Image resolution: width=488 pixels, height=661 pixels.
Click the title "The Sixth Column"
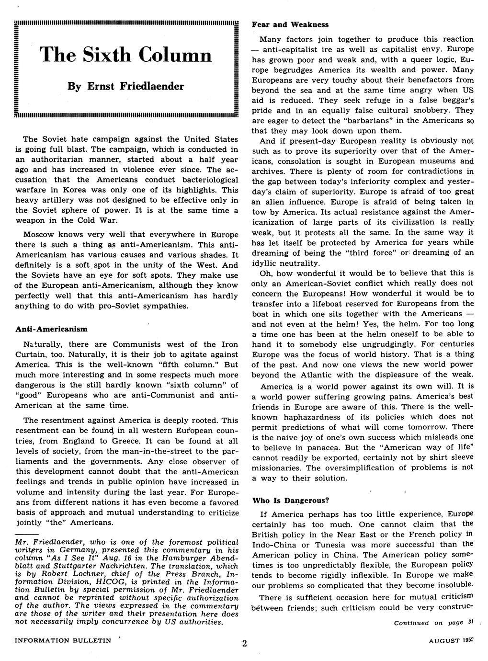(126, 55)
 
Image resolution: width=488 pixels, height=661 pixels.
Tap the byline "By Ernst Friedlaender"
(126, 86)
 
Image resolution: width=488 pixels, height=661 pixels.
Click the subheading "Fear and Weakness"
(290, 24)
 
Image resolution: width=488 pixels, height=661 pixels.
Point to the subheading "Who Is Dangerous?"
(291, 501)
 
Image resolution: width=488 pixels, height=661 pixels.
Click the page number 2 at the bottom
(244, 644)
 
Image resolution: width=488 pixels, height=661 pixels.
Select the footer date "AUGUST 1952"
(452, 640)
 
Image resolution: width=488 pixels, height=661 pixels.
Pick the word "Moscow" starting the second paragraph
(38, 235)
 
